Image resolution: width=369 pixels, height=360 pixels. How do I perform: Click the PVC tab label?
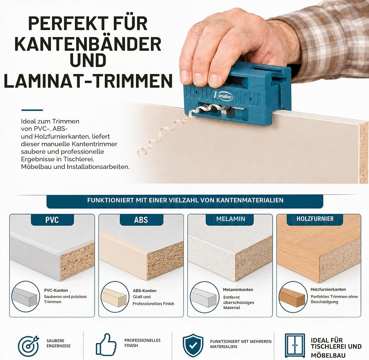click(x=52, y=220)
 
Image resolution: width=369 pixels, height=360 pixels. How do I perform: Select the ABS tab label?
click(x=141, y=220)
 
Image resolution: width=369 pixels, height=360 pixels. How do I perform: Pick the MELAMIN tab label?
click(x=231, y=219)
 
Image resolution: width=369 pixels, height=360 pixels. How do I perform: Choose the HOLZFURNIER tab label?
click(x=315, y=219)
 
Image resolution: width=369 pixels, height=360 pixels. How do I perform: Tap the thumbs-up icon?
click(x=106, y=345)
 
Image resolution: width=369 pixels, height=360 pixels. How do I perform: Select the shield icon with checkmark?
click(x=193, y=345)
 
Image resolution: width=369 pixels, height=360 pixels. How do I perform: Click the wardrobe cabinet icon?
click(x=295, y=345)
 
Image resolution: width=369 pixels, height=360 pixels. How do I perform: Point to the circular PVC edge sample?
click(x=25, y=297)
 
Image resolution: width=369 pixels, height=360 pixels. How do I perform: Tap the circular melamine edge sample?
click(x=204, y=297)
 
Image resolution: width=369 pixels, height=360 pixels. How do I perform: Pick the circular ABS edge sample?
click(x=115, y=297)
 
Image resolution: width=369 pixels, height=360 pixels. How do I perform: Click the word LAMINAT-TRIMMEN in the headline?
click(x=88, y=81)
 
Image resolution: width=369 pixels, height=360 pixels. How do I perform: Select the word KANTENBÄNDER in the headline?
click(x=88, y=43)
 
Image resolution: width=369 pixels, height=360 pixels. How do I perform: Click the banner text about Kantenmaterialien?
click(x=185, y=200)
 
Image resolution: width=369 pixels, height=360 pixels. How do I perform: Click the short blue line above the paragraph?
click(x=32, y=110)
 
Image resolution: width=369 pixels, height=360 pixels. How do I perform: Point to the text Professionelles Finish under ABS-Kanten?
click(x=153, y=304)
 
